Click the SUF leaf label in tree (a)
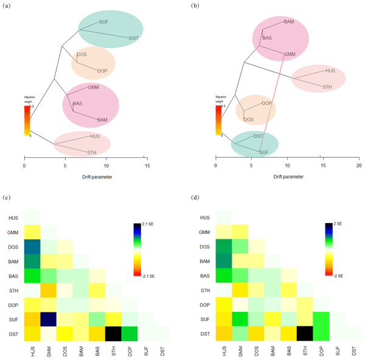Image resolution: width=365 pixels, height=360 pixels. [103, 22]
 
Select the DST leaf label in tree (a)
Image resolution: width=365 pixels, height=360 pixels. [134, 38]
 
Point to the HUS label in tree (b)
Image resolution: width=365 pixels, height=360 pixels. [330, 71]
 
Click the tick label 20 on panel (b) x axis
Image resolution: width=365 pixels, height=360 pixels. [358, 165]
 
